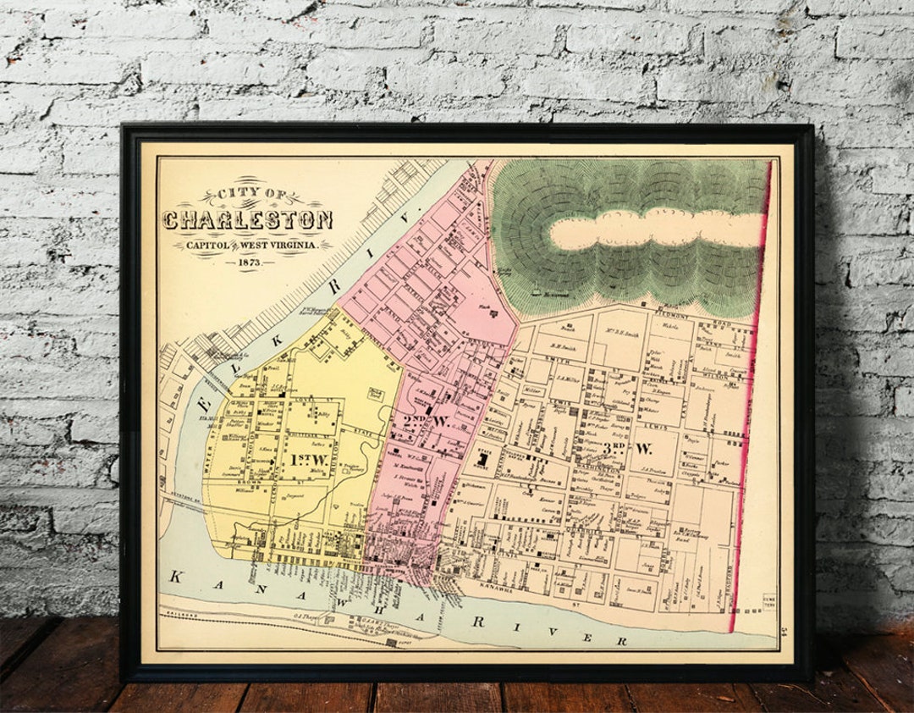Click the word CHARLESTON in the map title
click(x=247, y=220)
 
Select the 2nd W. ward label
click(x=423, y=420)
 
